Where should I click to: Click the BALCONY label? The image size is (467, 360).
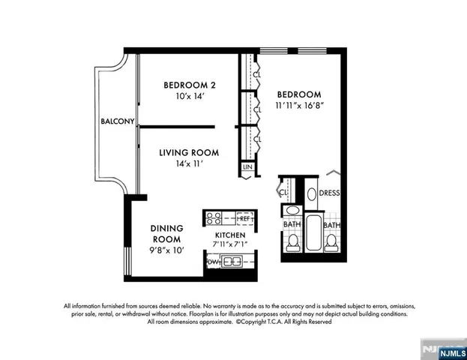(x=118, y=121)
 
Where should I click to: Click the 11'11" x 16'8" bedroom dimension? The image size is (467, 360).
(x=299, y=106)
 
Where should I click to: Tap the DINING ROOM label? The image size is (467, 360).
(x=167, y=233)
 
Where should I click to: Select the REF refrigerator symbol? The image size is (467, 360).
(x=244, y=219)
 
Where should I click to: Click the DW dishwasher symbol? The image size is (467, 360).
(x=213, y=262)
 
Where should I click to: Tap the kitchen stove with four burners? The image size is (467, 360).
(x=214, y=219)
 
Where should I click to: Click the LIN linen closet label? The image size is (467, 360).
(x=247, y=168)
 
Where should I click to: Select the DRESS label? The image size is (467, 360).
(x=330, y=193)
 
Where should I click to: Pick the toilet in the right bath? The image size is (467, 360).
(x=331, y=241)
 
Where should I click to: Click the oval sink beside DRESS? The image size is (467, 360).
(x=310, y=193)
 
